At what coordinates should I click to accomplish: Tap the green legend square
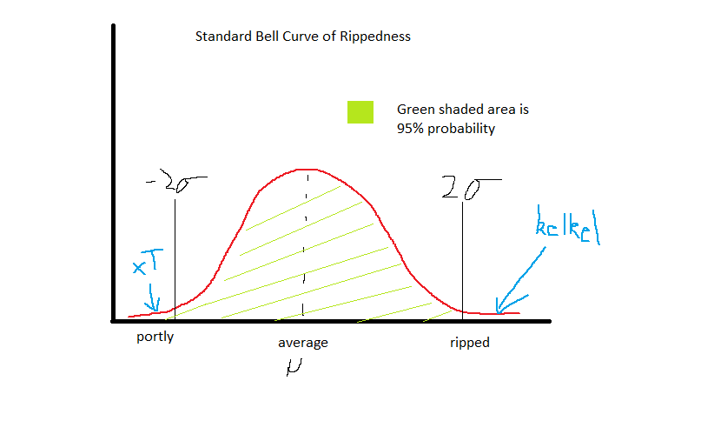coord(360,112)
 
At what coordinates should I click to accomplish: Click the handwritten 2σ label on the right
coord(470,186)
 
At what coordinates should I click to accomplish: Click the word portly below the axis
coord(155,337)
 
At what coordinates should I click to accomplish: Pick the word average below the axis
coord(302,343)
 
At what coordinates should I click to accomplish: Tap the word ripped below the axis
coord(470,343)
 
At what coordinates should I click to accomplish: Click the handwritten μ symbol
coord(293,369)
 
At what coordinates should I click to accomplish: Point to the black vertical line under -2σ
coord(175,252)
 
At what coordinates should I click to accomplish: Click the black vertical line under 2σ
coord(462,252)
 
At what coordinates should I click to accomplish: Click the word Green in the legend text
coord(416,110)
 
